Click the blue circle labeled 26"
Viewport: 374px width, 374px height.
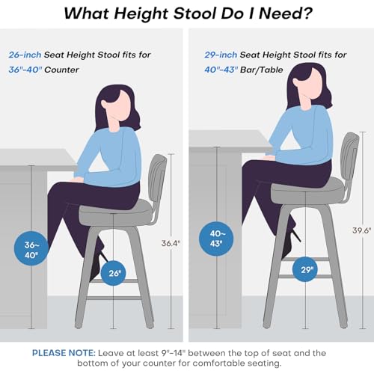click(x=114, y=273)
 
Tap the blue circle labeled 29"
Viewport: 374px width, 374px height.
click(x=305, y=269)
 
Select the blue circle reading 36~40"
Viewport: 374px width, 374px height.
click(x=31, y=248)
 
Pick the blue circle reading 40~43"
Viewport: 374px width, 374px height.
click(x=216, y=239)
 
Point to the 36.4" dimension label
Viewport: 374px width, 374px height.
click(x=171, y=243)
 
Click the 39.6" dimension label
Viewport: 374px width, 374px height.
click(x=361, y=230)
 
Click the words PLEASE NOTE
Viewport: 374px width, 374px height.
click(x=64, y=353)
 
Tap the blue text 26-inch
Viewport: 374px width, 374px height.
click(x=25, y=55)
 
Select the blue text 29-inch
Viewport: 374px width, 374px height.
click(x=221, y=55)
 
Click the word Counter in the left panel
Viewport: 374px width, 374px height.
click(x=61, y=70)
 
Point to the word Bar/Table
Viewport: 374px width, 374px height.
click(x=262, y=70)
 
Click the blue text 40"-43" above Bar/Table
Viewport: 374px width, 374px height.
click(x=220, y=70)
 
